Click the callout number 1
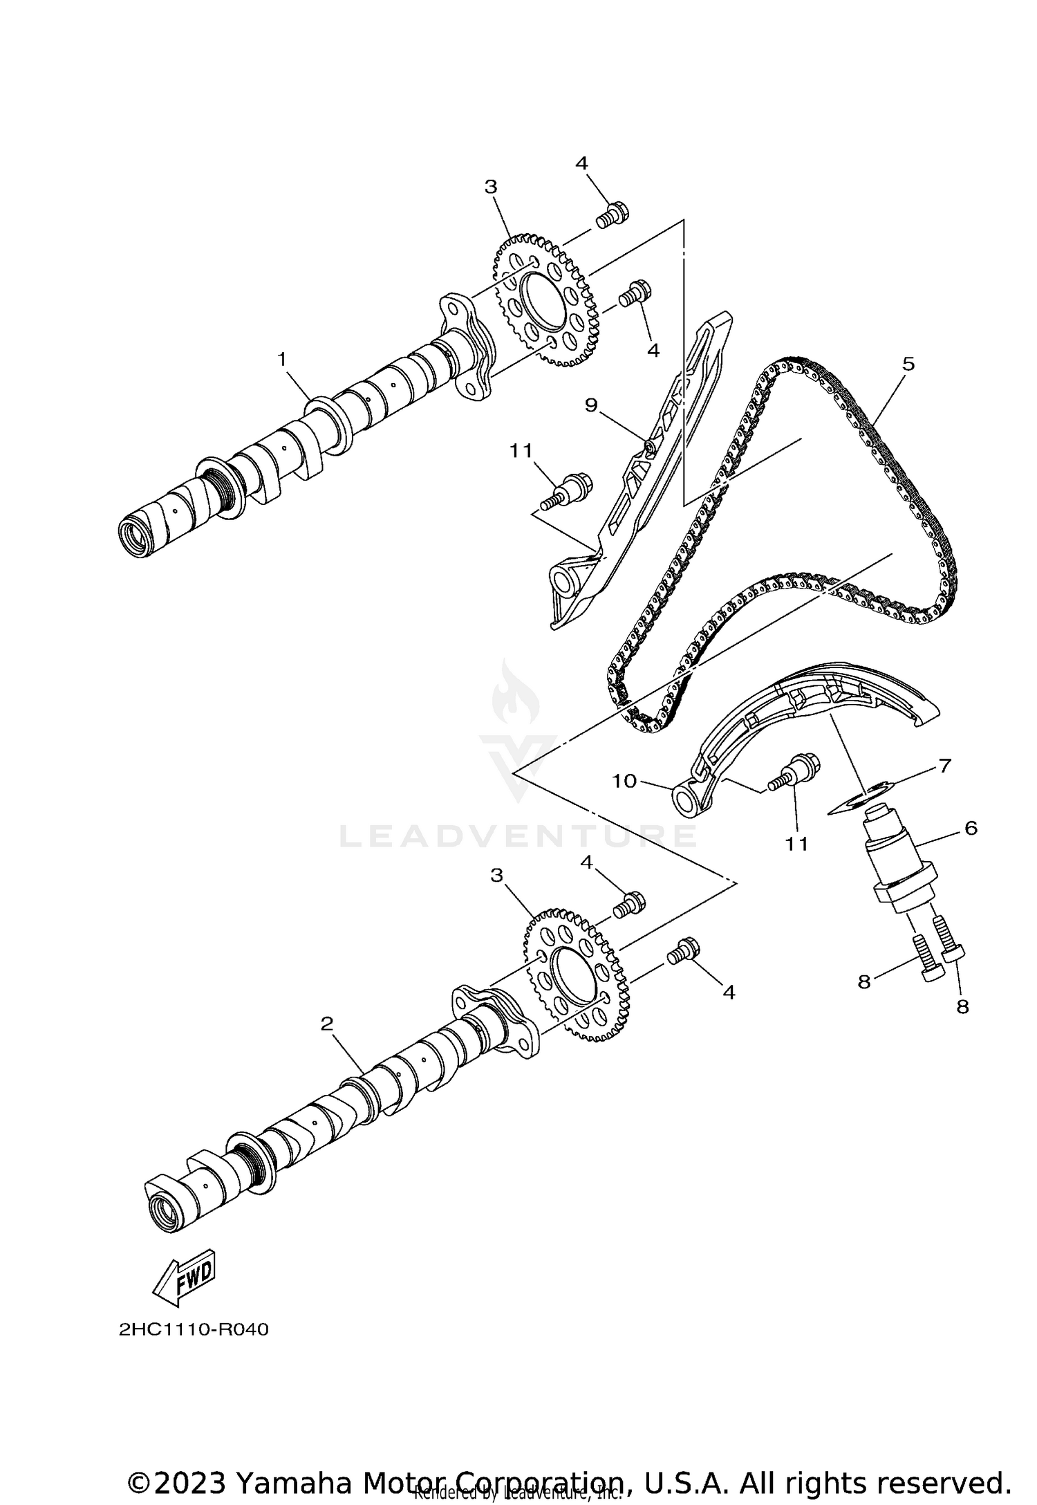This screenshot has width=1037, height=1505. coord(281,359)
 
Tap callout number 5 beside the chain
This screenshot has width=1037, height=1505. coord(908,364)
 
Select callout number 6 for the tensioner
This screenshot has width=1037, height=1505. coord(971,827)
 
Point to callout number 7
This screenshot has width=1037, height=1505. coord(944,766)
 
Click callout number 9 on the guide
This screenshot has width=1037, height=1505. coord(590,405)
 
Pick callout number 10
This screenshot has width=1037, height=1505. coord(624,781)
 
